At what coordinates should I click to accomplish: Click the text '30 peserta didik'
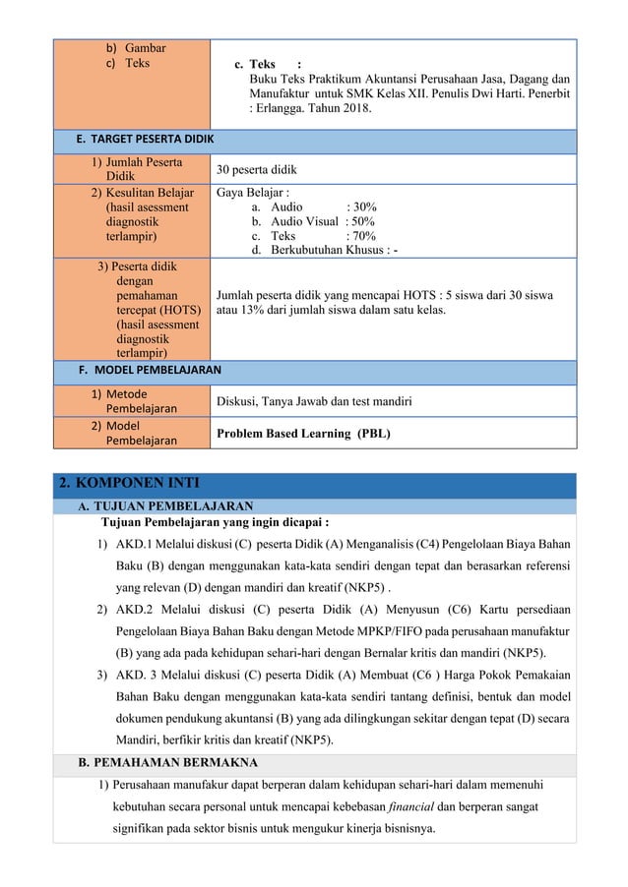click(261, 169)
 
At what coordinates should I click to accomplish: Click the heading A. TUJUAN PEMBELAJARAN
click(159, 506)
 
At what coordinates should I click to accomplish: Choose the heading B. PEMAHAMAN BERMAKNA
click(167, 762)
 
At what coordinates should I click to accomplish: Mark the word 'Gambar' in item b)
click(145, 47)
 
